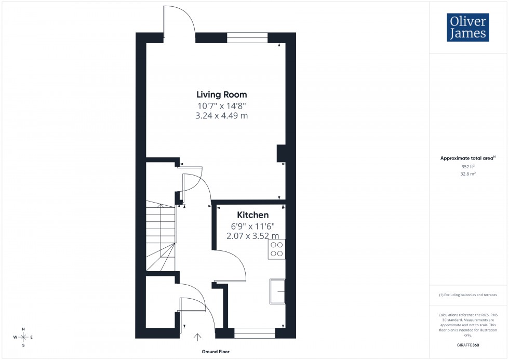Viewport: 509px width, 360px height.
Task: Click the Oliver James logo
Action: pos(467,28)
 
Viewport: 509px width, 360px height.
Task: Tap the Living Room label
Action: pos(221,95)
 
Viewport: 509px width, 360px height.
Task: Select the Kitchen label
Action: pos(253,215)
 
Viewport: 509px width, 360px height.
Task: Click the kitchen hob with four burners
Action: pos(277,249)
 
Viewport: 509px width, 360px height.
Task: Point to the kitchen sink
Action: pos(277,291)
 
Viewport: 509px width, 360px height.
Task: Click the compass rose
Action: pos(24,337)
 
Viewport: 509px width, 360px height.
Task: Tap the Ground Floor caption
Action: pos(216,352)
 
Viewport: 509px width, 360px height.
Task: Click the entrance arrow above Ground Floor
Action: pos(198,338)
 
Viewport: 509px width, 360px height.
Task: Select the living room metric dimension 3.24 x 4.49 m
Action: pos(221,116)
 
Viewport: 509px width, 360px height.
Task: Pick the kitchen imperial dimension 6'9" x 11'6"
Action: pos(253,226)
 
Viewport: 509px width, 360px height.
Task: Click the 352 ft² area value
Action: pos(468,167)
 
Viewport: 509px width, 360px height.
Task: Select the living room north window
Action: pos(247,37)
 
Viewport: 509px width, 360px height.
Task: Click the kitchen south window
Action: pos(254,333)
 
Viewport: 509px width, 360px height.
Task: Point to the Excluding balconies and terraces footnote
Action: pos(468,295)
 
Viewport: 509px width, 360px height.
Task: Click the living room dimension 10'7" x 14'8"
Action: pos(221,105)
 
